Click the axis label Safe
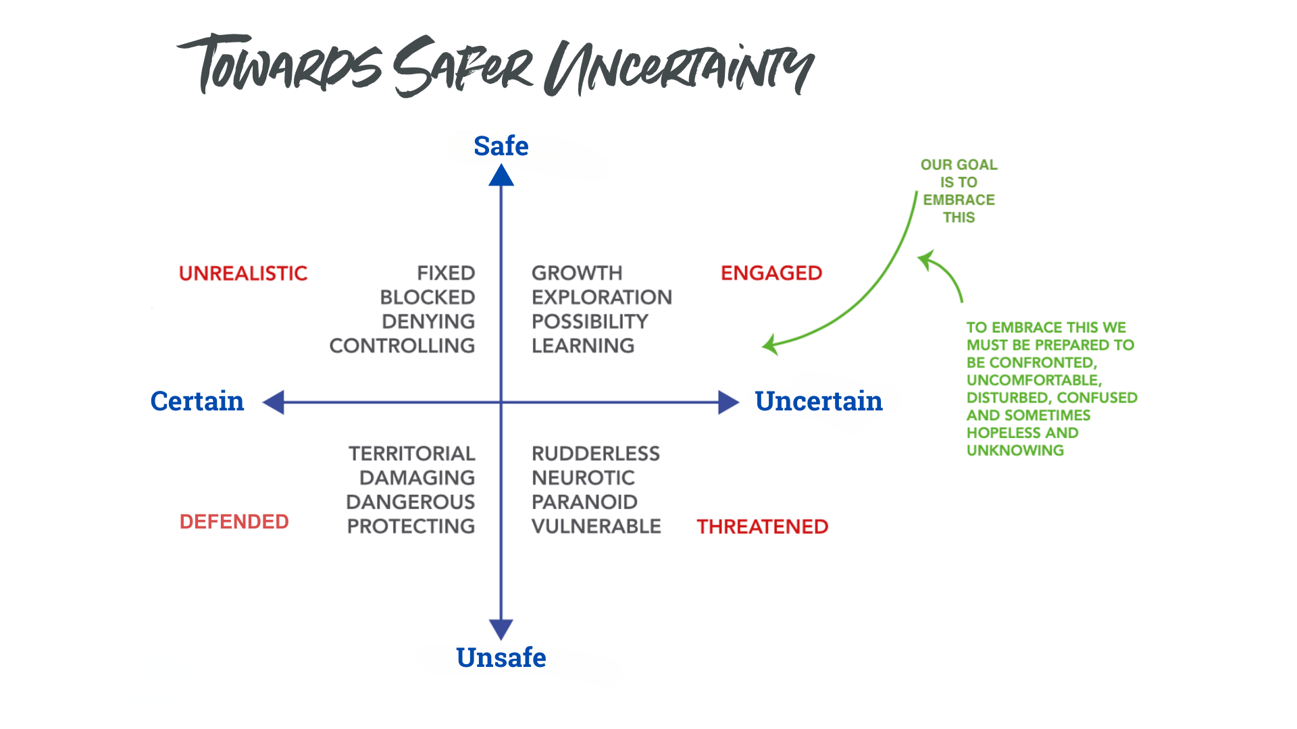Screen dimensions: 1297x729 [501, 146]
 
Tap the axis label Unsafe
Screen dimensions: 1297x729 [501, 657]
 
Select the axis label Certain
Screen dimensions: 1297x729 [197, 401]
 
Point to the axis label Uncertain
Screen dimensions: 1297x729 [818, 401]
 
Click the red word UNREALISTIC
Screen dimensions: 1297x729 [243, 273]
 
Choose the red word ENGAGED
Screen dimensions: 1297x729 [771, 273]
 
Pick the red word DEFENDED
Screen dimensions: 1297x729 [234, 522]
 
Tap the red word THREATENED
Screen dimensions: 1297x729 [762, 526]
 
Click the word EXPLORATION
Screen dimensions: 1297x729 [602, 298]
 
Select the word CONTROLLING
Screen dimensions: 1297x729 [402, 346]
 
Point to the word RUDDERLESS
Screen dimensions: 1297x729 [596, 454]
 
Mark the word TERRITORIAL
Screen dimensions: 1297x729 [412, 454]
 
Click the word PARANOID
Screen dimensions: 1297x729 [584, 502]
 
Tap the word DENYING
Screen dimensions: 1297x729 [428, 322]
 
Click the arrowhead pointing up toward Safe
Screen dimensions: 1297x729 [501, 175]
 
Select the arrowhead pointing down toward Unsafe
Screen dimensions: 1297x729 [501, 629]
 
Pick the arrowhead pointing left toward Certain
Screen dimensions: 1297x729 [274, 402]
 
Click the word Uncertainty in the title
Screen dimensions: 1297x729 [680, 68]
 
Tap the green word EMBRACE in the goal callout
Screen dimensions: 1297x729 [959, 200]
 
